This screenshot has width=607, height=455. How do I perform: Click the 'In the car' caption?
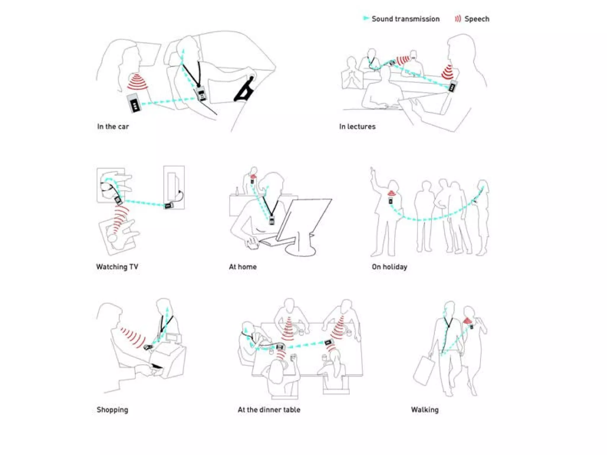pyautogui.click(x=113, y=126)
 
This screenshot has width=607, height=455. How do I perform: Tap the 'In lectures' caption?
pyautogui.click(x=357, y=126)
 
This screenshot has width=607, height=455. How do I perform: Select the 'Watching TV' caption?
pyautogui.click(x=117, y=267)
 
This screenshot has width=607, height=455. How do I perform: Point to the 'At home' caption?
pyautogui.click(x=243, y=267)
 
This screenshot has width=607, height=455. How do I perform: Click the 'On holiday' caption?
pyautogui.click(x=389, y=267)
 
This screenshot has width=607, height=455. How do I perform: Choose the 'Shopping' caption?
pyautogui.click(x=112, y=410)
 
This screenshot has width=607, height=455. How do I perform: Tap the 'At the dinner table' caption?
pyautogui.click(x=269, y=410)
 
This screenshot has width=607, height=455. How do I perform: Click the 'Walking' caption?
pyautogui.click(x=425, y=410)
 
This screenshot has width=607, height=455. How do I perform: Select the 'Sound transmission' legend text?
pyautogui.click(x=405, y=19)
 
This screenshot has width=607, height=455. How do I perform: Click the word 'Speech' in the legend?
pyautogui.click(x=477, y=19)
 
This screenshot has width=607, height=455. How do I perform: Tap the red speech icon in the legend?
pyautogui.click(x=458, y=19)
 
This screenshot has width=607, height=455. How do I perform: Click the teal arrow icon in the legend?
pyautogui.click(x=366, y=18)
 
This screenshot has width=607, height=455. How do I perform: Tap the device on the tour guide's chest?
pyautogui.click(x=391, y=201)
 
